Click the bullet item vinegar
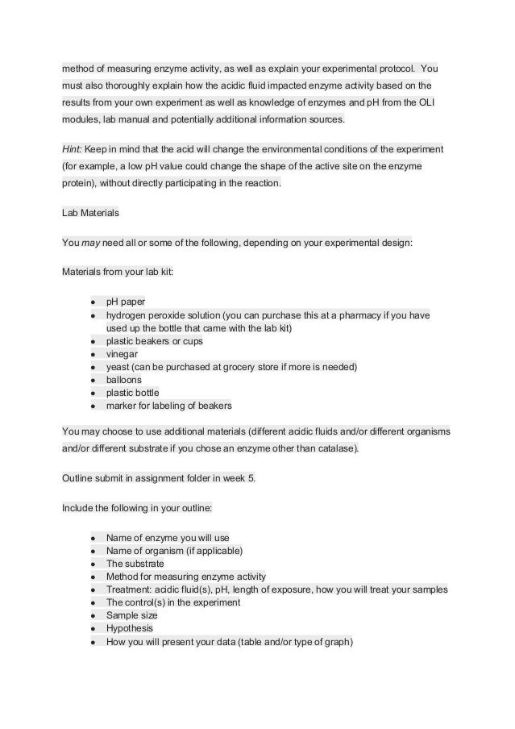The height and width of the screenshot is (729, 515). [x=122, y=354]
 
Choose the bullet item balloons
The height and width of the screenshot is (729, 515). [x=125, y=380]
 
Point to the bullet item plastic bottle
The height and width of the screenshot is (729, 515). [x=133, y=393]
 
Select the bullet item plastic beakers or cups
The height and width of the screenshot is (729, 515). [x=155, y=341]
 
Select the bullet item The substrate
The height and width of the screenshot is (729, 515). [x=135, y=564]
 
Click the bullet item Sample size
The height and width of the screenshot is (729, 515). [x=132, y=615]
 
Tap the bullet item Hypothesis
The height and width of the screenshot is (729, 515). [x=130, y=628]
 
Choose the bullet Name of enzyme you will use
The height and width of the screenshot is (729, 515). [x=167, y=538]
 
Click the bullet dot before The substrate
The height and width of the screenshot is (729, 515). [x=94, y=564]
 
